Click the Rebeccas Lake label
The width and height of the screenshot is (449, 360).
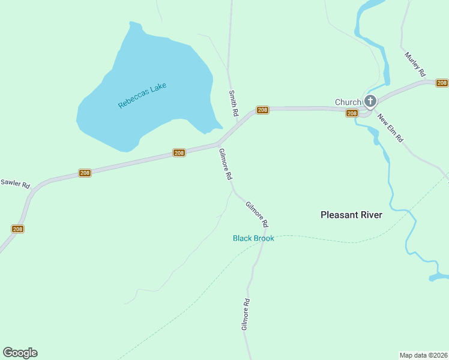click(142, 95)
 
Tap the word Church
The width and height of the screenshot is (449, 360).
click(348, 102)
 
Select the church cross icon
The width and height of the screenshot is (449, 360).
click(370, 101)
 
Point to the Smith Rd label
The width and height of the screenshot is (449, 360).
click(233, 103)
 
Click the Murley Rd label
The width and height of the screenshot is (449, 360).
click(415, 64)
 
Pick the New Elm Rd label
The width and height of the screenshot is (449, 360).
click(390, 127)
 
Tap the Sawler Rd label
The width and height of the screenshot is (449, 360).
click(15, 184)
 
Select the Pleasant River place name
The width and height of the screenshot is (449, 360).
click(351, 215)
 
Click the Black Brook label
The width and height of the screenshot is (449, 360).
click(253, 238)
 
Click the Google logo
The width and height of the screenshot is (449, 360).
click(20, 353)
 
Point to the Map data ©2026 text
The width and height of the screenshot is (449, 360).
click(424, 355)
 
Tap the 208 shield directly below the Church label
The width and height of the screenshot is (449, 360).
click(352, 113)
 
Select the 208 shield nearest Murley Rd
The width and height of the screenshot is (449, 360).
click(442, 83)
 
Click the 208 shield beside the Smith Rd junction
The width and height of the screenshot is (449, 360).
click(262, 110)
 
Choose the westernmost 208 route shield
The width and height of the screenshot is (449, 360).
click(17, 229)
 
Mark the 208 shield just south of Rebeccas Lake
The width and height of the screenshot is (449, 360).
click(179, 153)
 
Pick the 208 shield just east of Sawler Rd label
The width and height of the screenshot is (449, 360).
click(85, 173)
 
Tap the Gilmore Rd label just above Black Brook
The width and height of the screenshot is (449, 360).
click(257, 214)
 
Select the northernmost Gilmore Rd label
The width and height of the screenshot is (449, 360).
click(226, 164)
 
